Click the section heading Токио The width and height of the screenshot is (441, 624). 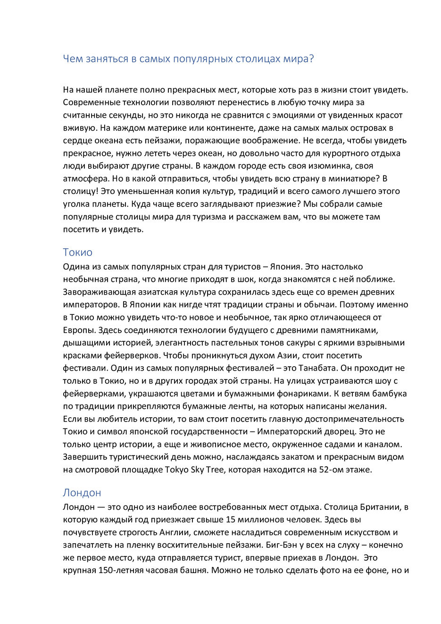pyautogui.click(x=78, y=252)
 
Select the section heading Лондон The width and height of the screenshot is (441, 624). pyautogui.click(x=82, y=493)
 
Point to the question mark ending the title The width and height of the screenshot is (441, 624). pyautogui.click(x=311, y=59)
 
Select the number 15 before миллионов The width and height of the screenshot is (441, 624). pyautogui.click(x=231, y=520)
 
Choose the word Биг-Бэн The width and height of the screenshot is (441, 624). pyautogui.click(x=282, y=545)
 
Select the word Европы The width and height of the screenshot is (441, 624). pyautogui.click(x=78, y=330)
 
